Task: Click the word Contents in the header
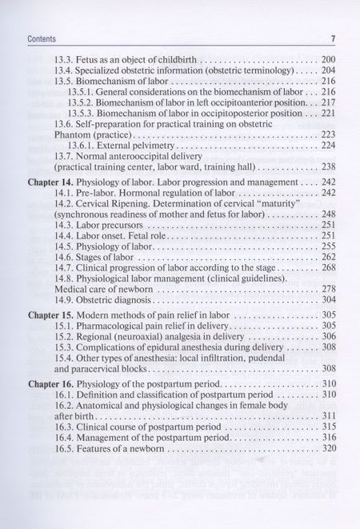(x=41, y=38)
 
